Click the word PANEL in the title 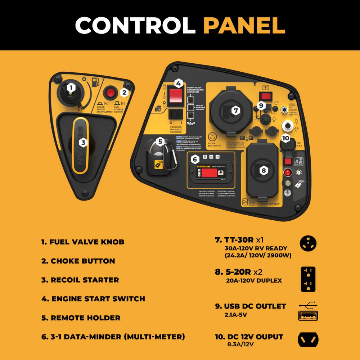pyautogui.click(x=244, y=25)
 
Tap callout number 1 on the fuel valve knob pyautogui.click(x=71, y=87)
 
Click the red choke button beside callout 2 pyautogui.click(x=110, y=93)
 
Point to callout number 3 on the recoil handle pyautogui.click(x=83, y=143)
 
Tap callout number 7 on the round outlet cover pyautogui.click(x=236, y=111)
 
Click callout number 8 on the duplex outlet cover pyautogui.click(x=264, y=170)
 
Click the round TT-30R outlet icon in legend pyautogui.click(x=308, y=243)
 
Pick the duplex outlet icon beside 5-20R pyautogui.click(x=308, y=279)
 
